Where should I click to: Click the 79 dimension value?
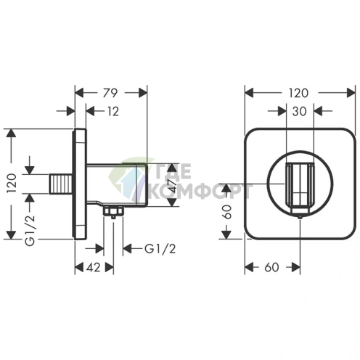coord(110,93)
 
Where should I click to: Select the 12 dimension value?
coord(113,112)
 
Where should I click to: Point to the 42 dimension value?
coord(94,268)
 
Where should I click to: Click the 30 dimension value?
coord(300,111)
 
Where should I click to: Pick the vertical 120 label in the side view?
coord(12,183)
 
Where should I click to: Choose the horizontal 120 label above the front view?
coord(298,93)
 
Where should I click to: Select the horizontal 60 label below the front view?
coord(272,268)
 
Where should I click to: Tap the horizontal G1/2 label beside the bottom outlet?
coord(160,248)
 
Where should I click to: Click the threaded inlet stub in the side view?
coord(61,184)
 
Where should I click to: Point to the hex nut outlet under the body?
coord(113,212)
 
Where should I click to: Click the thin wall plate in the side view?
coord(80,184)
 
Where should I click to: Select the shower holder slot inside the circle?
coord(300,188)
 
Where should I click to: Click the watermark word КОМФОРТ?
coord(200,191)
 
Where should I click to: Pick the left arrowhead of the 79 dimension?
coord(79,93)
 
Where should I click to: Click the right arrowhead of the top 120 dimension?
coord(351,93)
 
